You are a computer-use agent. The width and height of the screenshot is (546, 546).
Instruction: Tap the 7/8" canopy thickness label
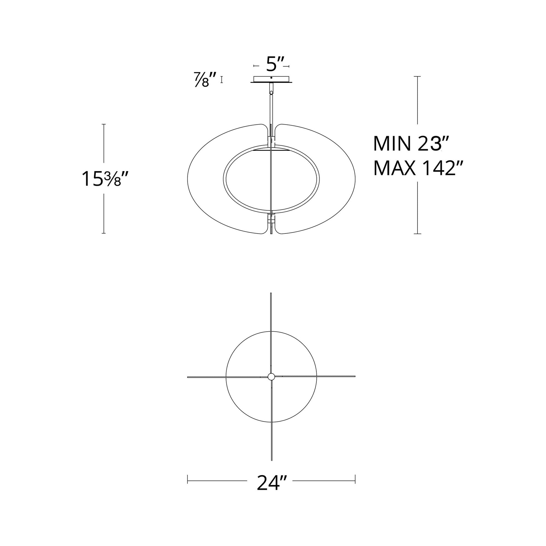pyautogui.click(x=205, y=79)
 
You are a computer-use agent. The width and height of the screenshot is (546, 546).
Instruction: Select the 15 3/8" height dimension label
pyautogui.click(x=105, y=179)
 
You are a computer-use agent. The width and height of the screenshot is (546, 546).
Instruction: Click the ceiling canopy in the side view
pyautogui.click(x=271, y=79)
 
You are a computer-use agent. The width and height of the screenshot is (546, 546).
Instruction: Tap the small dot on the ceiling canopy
pyautogui.click(x=271, y=78)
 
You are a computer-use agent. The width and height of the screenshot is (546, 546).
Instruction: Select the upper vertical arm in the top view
pyautogui.click(x=271, y=333)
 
